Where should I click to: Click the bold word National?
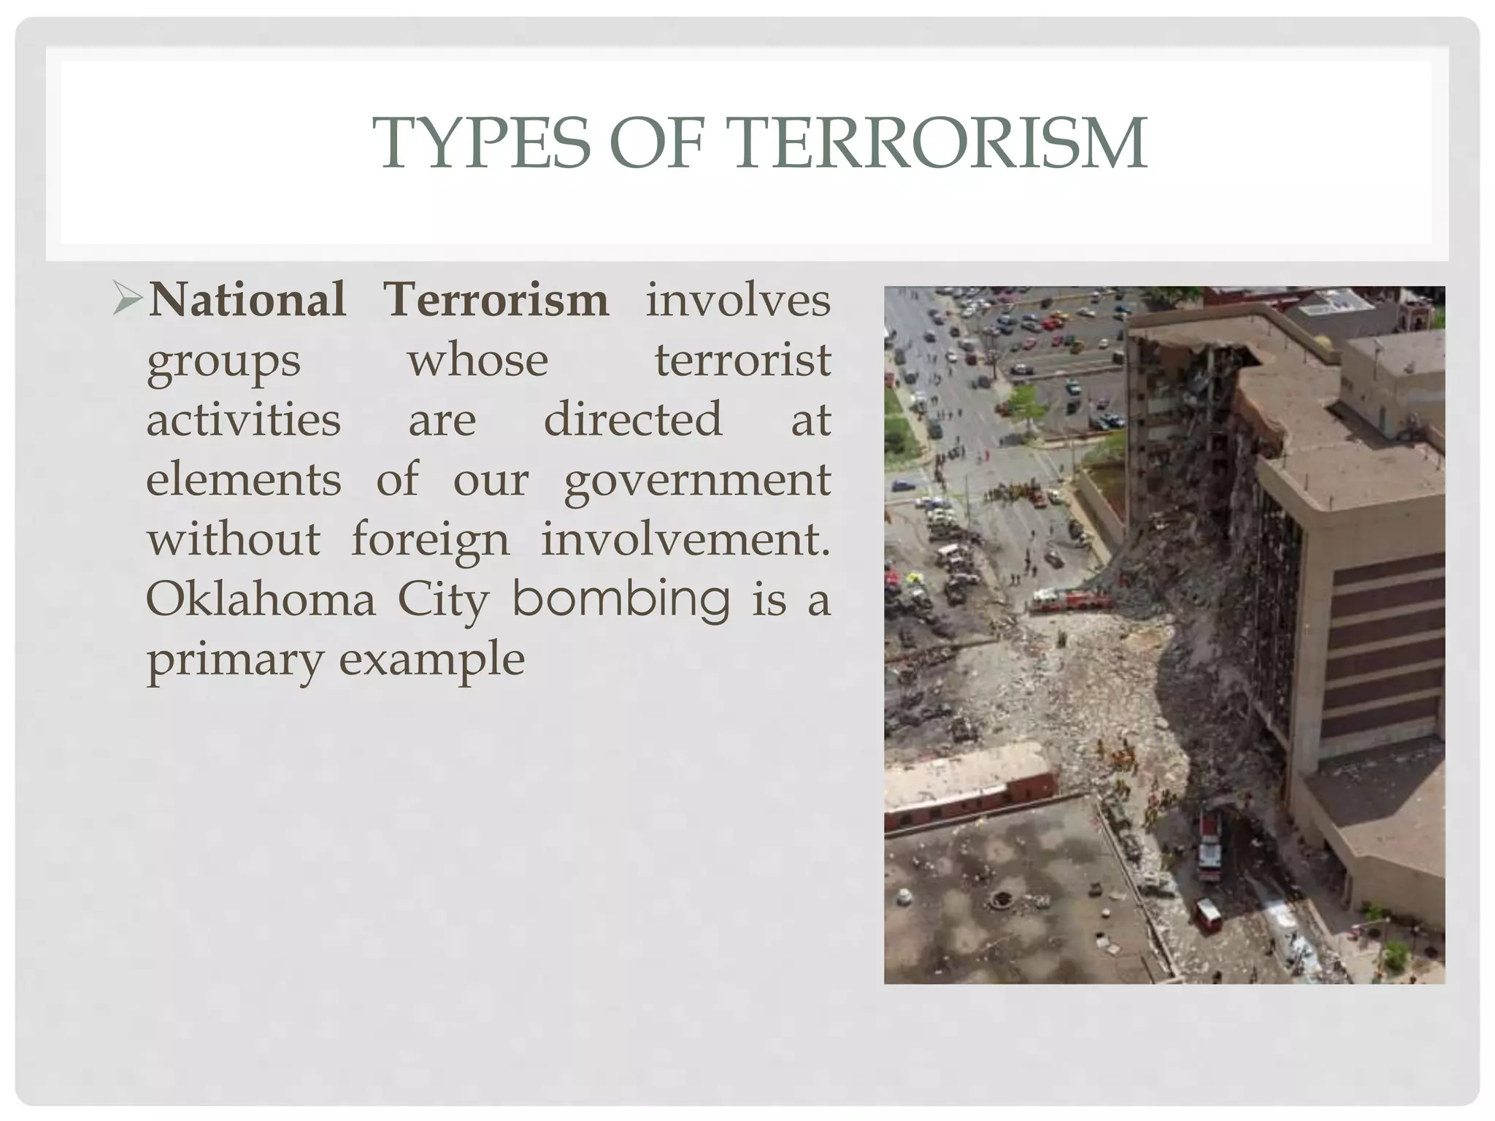click(x=247, y=300)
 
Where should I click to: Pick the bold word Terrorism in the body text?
click(x=496, y=300)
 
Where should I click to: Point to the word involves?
click(x=737, y=300)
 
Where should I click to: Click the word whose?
click(x=477, y=361)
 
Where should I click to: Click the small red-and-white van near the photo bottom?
click(x=1207, y=915)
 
